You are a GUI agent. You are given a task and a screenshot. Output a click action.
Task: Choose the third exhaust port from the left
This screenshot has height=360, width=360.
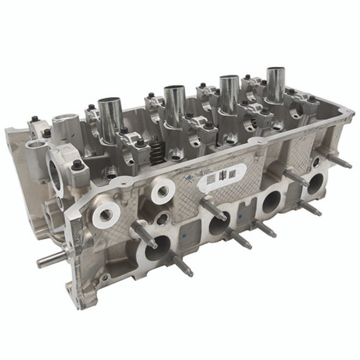[272, 201]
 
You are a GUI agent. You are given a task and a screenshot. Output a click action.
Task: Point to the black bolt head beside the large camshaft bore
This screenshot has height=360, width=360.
[78, 163]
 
